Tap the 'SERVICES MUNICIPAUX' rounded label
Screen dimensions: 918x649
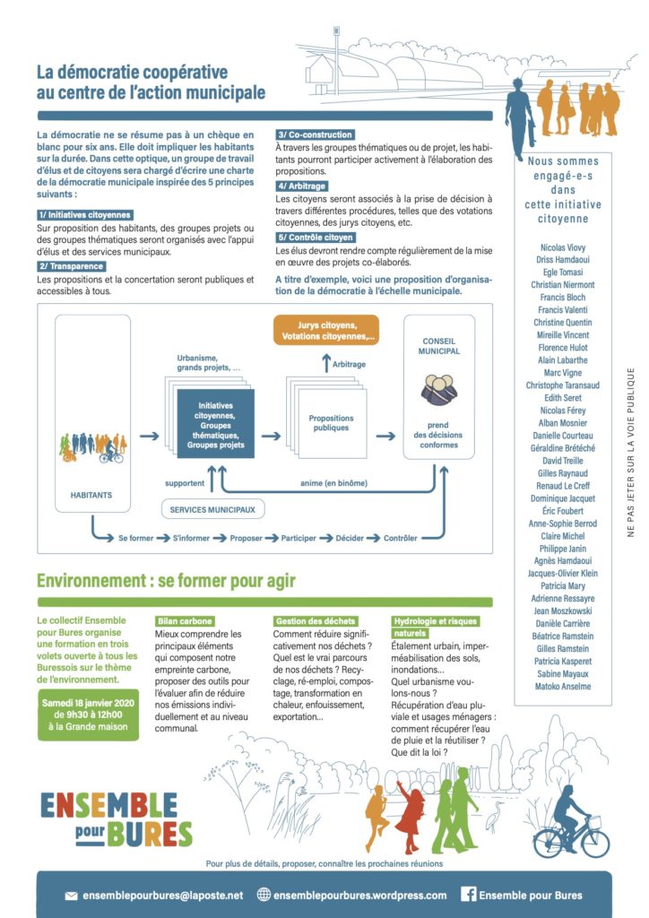coord(212,509)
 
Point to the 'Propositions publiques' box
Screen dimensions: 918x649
coord(331,423)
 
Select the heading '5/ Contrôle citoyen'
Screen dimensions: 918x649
coord(316,238)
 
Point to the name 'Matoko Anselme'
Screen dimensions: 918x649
coord(563,687)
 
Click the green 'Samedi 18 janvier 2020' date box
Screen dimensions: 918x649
coord(89,714)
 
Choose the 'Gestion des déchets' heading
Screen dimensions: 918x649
coord(316,620)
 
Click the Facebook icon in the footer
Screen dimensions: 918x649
coord(467,895)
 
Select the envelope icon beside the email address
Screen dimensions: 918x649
coord(71,896)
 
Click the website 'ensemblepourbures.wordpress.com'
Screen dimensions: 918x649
coord(359,895)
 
